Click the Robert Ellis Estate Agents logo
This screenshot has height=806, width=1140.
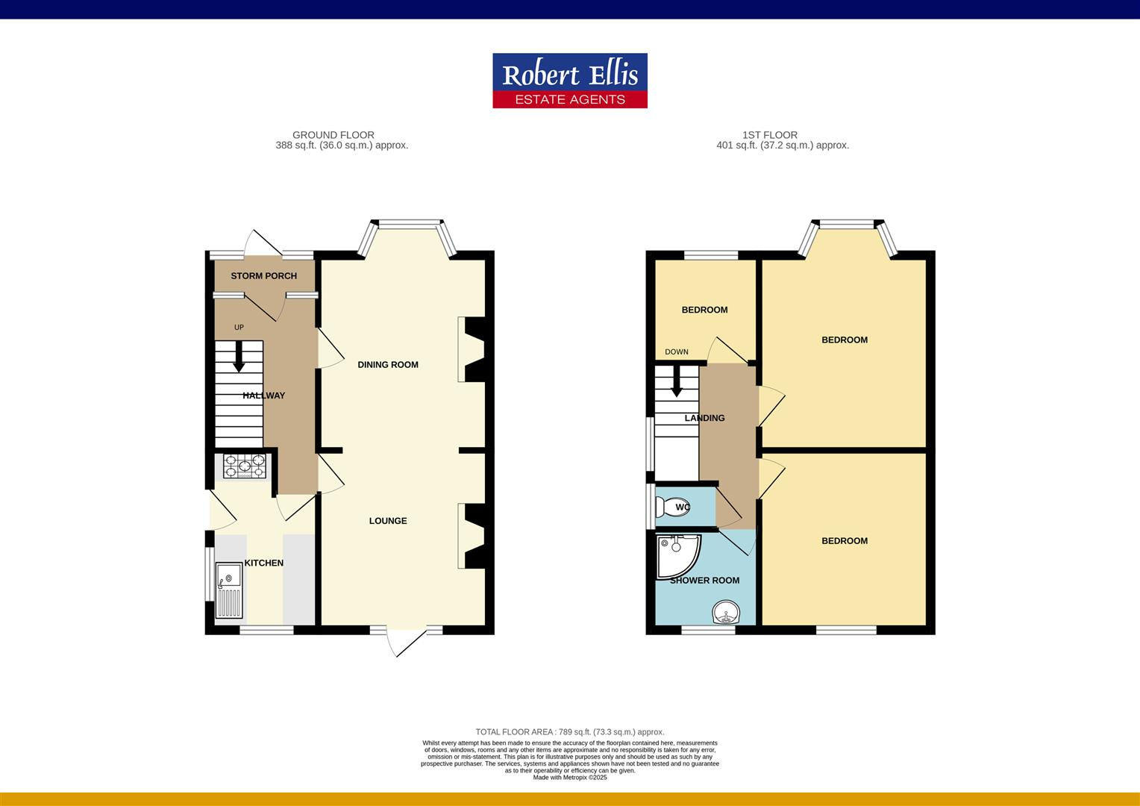569,81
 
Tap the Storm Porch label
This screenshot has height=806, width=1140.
263,276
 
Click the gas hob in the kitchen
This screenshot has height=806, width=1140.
245,466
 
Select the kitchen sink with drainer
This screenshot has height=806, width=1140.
229,591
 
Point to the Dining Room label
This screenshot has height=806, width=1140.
388,365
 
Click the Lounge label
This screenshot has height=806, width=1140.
388,521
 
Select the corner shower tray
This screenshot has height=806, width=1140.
676,555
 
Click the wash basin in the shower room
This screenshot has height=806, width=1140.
725,613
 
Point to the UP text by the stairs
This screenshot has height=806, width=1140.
239,328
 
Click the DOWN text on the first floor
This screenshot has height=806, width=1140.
677,352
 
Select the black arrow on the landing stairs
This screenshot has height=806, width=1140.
677,382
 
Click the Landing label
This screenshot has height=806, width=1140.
704,419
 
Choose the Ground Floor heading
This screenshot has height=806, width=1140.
333,135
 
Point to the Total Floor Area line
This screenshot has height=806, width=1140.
570,732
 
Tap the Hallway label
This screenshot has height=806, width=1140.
263,396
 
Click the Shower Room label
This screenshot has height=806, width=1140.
704,581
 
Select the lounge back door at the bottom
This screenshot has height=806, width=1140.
407,642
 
